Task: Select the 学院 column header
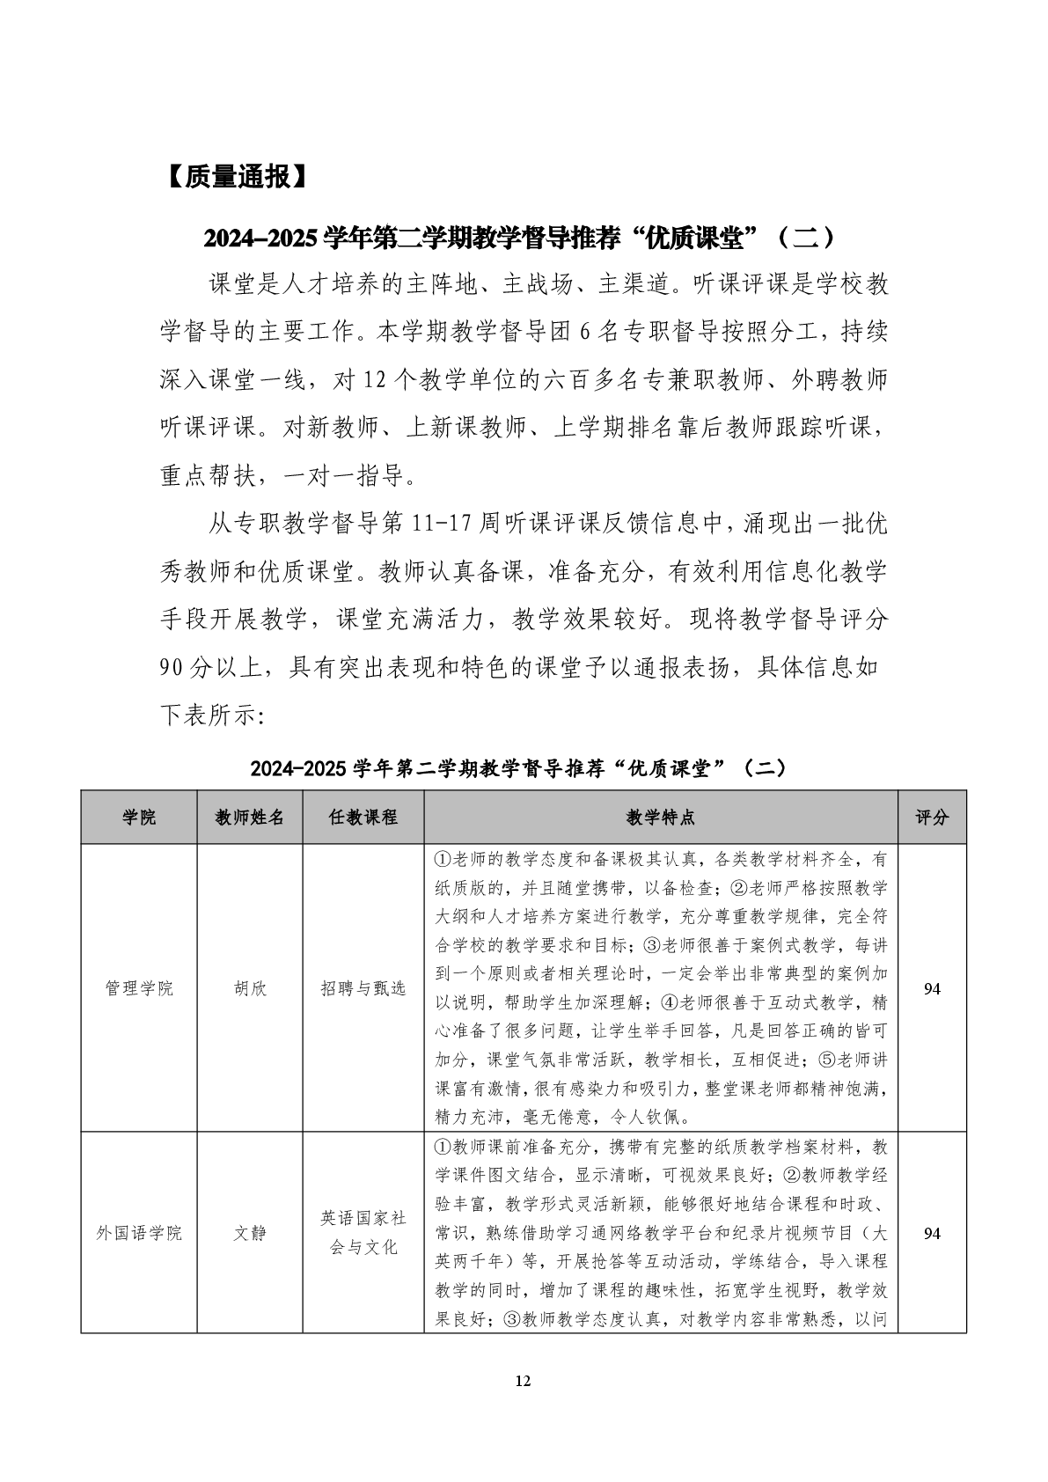coord(139,818)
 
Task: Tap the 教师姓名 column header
coord(250,818)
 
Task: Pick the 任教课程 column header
coord(363,818)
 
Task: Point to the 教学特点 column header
coord(661,818)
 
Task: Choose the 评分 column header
coord(932,818)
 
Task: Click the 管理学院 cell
coord(139,988)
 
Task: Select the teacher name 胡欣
coord(250,988)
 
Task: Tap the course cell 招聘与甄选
coord(363,988)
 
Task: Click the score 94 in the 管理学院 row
coord(932,988)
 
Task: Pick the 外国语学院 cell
coord(139,1233)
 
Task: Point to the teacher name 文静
coord(250,1233)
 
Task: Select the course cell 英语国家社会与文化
coord(363,1233)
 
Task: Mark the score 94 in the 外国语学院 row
coord(932,1233)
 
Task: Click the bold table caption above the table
coord(519,767)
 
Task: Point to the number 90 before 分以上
coord(172,668)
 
